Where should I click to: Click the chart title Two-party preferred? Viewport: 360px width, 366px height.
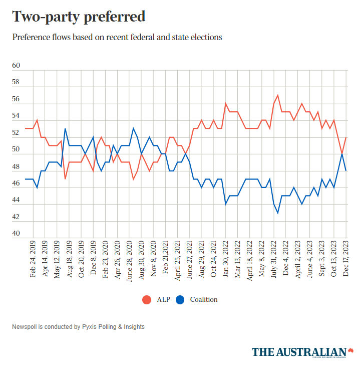[x=79, y=17]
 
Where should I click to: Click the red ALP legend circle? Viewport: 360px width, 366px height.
[x=147, y=300]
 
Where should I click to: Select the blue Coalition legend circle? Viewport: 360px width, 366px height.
[x=180, y=300]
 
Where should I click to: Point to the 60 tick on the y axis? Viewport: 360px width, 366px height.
[x=16, y=66]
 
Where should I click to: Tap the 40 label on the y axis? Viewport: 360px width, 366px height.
[x=16, y=234]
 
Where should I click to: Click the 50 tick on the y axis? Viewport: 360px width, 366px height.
[x=16, y=149]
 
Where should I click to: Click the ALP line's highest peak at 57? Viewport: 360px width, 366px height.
[x=278, y=95]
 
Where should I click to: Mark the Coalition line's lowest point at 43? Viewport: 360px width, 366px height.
[x=278, y=213]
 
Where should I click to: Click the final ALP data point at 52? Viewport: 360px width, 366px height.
[x=346, y=137]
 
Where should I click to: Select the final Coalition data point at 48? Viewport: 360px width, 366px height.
[x=346, y=171]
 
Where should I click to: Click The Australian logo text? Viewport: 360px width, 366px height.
[x=299, y=352]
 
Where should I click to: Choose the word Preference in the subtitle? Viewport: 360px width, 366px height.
[x=31, y=37]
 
